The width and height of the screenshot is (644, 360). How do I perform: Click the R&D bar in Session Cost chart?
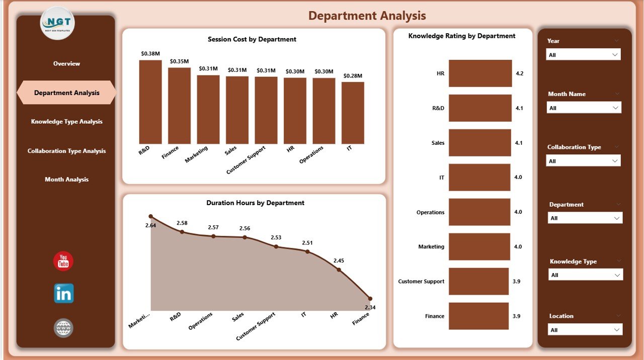[150, 102]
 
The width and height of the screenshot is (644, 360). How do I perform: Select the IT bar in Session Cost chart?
[353, 113]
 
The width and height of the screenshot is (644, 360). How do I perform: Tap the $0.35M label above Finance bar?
[179, 61]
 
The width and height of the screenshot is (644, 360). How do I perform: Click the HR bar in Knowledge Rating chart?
[480, 73]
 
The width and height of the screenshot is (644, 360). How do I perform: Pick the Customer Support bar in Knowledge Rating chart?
[478, 281]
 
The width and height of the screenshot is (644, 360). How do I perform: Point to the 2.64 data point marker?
[151, 217]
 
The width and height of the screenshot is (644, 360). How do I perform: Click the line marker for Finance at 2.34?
[370, 299]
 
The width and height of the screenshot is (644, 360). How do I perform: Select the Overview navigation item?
[66, 64]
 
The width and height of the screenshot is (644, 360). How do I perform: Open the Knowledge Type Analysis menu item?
[66, 122]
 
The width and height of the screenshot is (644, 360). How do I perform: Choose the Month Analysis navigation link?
[66, 179]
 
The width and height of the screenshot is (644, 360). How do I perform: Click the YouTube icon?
[63, 261]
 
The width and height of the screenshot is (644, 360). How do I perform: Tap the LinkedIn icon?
[64, 293]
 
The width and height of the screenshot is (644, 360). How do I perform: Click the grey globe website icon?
[64, 328]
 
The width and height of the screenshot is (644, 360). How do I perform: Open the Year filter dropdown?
[583, 55]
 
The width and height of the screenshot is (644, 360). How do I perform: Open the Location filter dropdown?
[585, 330]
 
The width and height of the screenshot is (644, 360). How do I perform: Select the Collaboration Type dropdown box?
[583, 161]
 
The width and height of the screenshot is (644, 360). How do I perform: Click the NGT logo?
[57, 23]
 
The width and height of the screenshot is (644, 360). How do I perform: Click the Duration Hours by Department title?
[255, 203]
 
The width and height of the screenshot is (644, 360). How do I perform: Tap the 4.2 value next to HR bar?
[520, 73]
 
